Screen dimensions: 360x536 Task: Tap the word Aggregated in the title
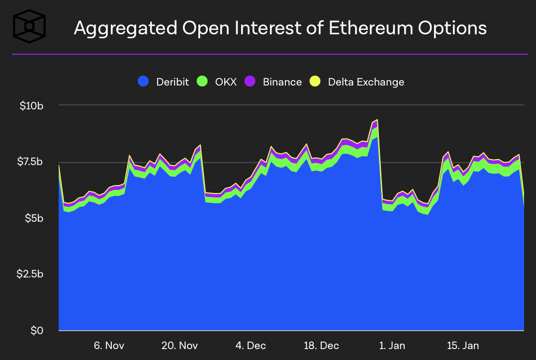(x=124, y=28)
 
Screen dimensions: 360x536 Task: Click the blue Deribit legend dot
(x=144, y=82)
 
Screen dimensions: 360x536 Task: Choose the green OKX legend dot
(x=202, y=82)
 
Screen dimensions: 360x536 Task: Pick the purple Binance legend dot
(x=250, y=82)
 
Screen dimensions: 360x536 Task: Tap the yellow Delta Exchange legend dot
(x=315, y=82)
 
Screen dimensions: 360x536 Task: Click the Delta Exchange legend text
(x=366, y=82)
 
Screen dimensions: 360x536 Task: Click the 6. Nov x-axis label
(x=109, y=346)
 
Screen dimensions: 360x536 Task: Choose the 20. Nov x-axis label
(x=179, y=346)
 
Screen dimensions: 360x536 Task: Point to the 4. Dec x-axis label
(x=251, y=346)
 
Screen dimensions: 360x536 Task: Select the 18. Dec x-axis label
(x=321, y=346)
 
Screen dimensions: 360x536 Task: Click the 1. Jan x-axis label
(x=392, y=346)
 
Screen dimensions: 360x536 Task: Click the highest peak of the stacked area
(x=377, y=120)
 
